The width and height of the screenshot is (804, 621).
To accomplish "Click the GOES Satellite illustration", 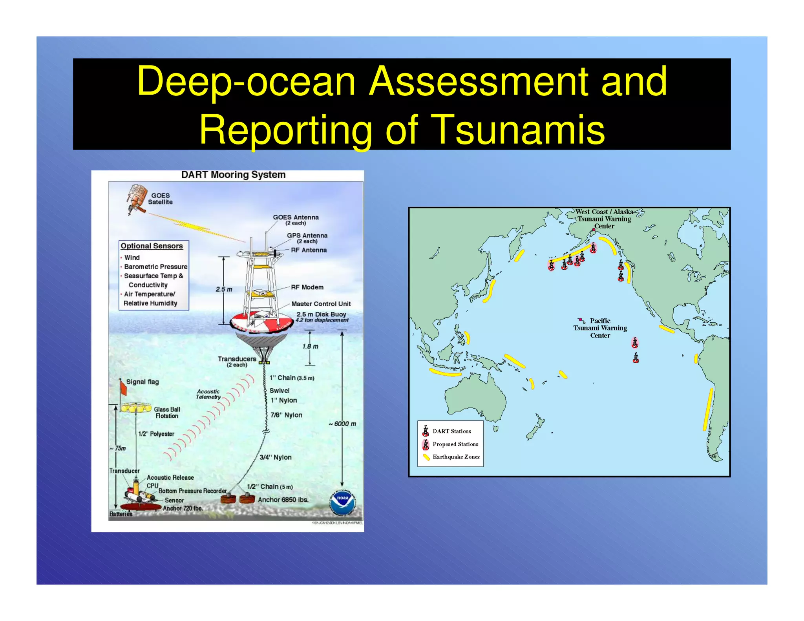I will point(136,199).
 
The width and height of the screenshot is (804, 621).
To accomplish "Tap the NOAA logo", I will point(342,503).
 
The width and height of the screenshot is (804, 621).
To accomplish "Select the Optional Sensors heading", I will point(152,246).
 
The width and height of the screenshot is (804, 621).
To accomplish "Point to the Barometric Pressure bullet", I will point(155,267).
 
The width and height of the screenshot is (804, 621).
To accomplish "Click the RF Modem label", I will point(307,287).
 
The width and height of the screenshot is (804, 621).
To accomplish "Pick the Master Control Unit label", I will point(321,304).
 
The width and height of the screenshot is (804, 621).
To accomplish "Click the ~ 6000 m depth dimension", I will point(343,424).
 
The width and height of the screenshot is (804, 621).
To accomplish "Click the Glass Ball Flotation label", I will point(167,413).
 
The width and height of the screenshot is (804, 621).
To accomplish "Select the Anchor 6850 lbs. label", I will point(283,500).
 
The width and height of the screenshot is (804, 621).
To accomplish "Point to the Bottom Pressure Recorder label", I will point(192,491).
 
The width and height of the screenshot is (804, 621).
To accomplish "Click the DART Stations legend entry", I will point(451,431).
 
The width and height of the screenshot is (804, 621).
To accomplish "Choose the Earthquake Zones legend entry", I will point(456,457).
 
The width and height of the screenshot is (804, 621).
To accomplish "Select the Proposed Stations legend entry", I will point(455,444).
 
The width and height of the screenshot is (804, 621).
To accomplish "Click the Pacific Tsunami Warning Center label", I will point(600,328).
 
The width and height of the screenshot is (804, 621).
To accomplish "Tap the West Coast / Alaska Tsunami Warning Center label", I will point(604,219).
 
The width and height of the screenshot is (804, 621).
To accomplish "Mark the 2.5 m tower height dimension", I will point(224,289).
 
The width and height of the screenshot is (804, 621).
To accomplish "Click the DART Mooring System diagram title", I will point(233,175).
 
